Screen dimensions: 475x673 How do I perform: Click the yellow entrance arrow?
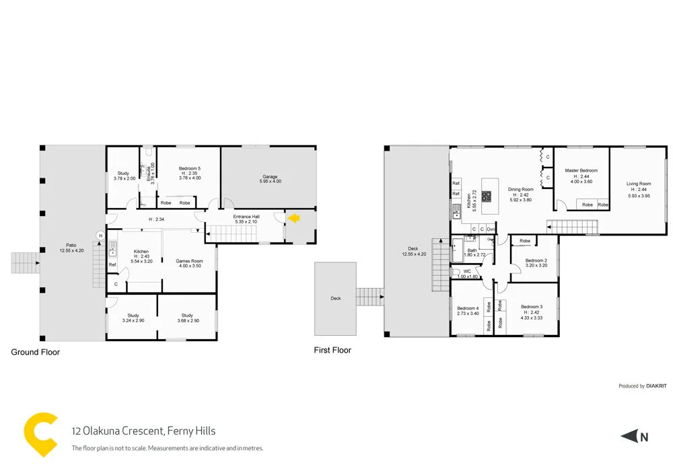(x=293, y=217)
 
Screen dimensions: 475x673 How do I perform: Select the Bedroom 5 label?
(x=190, y=168)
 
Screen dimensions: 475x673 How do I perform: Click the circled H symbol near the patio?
(x=100, y=235)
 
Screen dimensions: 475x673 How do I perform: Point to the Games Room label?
(x=189, y=260)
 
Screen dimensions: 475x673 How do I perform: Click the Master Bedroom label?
(x=581, y=171)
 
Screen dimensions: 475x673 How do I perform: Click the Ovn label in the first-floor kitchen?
(x=491, y=229)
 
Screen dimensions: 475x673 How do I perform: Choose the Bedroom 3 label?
(x=532, y=307)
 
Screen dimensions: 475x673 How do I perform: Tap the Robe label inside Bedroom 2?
(x=525, y=241)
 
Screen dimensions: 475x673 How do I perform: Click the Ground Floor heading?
(x=36, y=352)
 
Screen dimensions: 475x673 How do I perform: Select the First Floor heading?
(x=332, y=350)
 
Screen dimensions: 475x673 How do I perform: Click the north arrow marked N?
(x=635, y=437)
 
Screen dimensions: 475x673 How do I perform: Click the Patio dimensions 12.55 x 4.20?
(x=71, y=251)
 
